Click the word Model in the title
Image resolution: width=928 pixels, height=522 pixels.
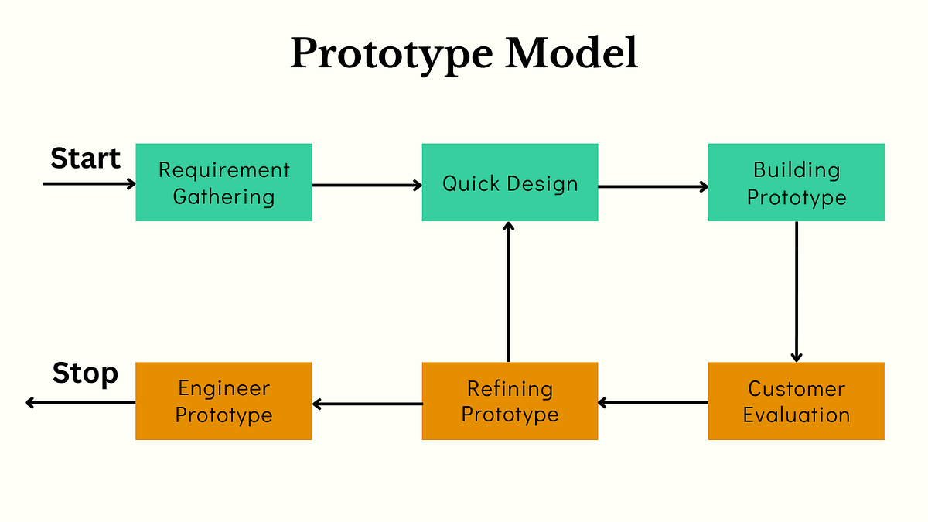click(571, 54)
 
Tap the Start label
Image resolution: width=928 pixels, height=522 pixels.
click(85, 159)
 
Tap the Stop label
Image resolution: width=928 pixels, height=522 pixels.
click(85, 374)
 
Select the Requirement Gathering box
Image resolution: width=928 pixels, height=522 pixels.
click(223, 183)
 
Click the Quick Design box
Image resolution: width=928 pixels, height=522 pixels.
click(510, 183)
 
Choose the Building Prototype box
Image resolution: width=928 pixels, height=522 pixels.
click(796, 183)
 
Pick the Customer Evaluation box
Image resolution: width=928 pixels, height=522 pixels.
click(796, 401)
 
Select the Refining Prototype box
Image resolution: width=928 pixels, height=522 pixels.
click(510, 401)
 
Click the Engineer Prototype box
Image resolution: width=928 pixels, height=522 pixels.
click(223, 401)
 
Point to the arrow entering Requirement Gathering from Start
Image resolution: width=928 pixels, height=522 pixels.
click(89, 184)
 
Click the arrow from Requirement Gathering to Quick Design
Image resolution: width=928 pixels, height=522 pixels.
click(367, 185)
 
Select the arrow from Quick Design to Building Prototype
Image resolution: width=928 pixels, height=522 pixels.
click(653, 186)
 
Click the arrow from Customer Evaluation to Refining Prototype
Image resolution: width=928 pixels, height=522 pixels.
click(653, 402)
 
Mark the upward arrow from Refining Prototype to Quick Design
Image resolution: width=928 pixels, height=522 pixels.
click(508, 292)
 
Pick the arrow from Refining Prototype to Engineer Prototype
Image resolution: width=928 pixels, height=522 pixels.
click(367, 403)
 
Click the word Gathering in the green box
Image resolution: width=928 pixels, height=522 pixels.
click(223, 196)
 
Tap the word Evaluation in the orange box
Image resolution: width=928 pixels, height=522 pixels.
click(796, 415)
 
